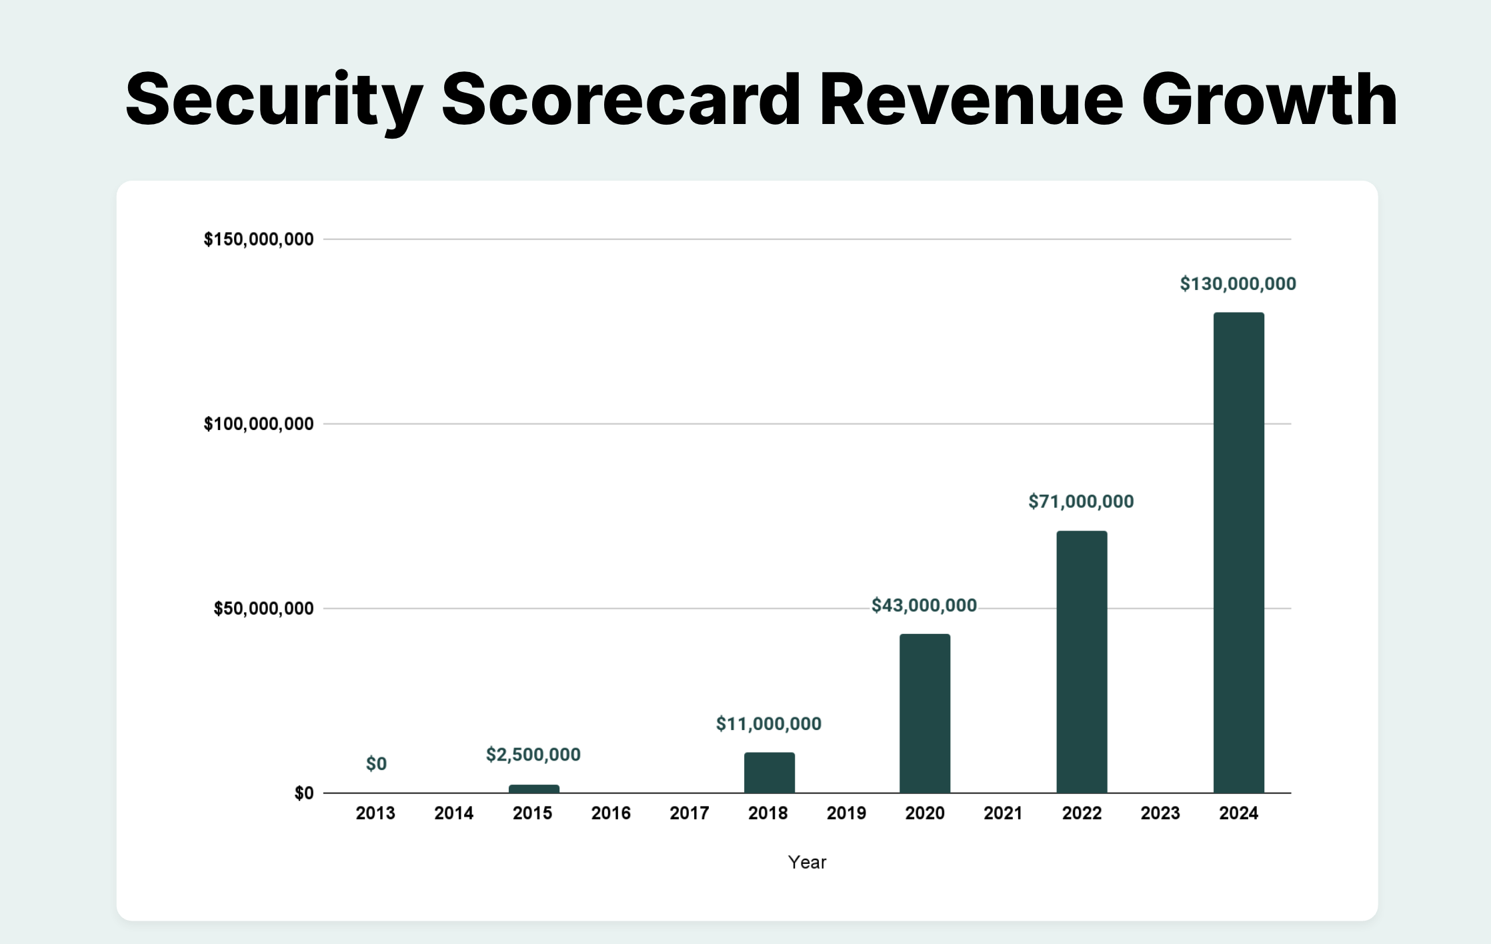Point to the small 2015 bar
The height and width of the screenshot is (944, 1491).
coord(533,789)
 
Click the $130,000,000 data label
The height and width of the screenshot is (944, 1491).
coord(1238,284)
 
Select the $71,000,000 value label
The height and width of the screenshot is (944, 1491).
coord(1080,501)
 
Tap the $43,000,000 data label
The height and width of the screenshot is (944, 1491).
coord(924,605)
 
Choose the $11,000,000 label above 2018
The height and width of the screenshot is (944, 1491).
coord(768,723)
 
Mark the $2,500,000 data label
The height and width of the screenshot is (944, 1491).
coord(533,754)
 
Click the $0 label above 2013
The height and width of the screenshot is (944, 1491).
coord(376,763)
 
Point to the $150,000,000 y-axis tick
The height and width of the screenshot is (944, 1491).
coord(258,239)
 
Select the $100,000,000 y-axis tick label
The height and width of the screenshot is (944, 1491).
coord(258,423)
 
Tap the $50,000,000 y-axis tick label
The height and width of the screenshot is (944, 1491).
coord(263,608)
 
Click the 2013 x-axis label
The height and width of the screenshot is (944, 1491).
coord(375,813)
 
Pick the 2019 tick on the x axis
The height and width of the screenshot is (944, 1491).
coord(846,813)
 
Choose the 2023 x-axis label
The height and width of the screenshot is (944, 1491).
coord(1160,813)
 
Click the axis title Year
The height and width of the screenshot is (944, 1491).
coord(807,862)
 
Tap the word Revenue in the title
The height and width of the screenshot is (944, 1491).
coord(971,100)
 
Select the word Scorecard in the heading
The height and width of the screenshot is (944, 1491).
coord(620,100)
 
